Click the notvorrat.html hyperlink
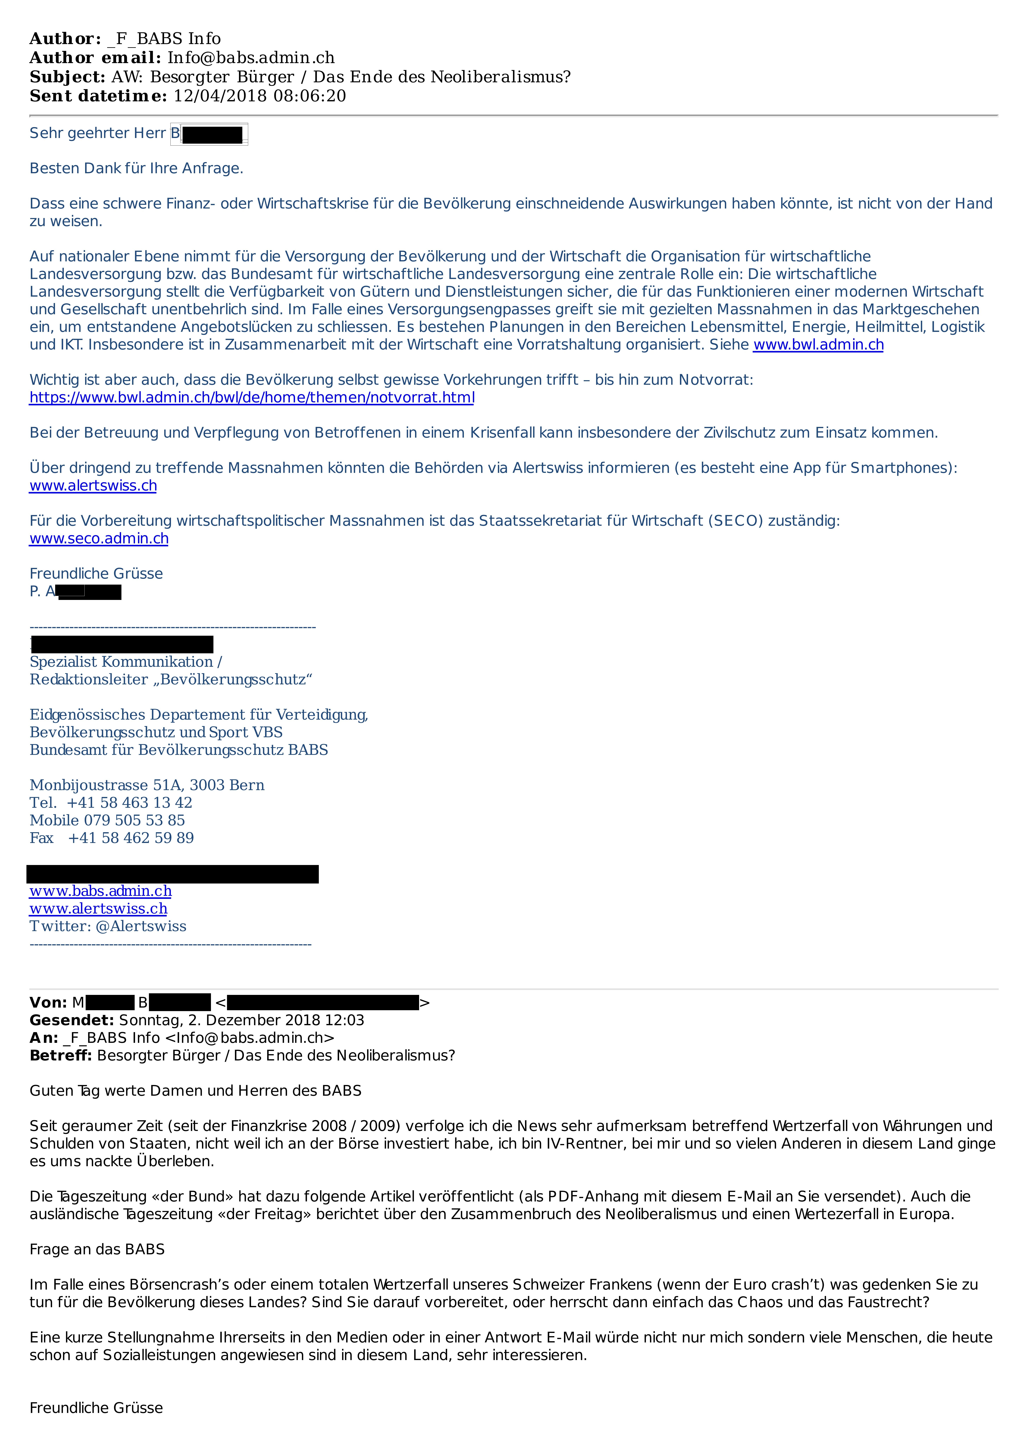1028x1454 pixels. point(251,398)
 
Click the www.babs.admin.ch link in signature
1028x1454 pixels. point(100,891)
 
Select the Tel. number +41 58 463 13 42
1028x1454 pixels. point(129,802)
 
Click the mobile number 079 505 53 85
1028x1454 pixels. point(134,820)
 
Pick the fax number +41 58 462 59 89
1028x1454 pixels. point(130,838)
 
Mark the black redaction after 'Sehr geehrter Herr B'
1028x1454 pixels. point(212,134)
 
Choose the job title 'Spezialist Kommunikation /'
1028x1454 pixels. point(125,662)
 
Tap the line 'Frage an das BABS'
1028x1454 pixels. point(97,1249)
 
